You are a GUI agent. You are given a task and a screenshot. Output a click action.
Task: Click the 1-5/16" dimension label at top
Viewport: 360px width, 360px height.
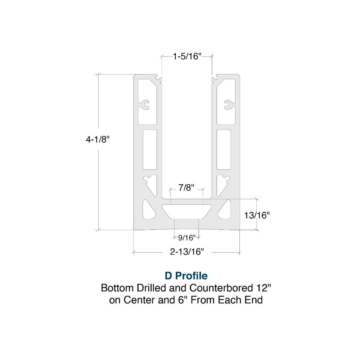pos(187,56)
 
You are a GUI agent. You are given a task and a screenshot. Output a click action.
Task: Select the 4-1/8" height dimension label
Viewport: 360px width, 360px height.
pos(98,139)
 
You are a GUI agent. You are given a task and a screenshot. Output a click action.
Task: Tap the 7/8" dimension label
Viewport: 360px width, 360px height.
pos(186,188)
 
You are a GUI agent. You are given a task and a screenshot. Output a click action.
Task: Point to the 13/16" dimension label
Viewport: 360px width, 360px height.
pos(257,215)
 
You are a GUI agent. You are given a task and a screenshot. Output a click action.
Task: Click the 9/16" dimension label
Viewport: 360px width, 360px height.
pos(186,238)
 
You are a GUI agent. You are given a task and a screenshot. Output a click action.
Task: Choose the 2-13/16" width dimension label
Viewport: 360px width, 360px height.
pos(187,252)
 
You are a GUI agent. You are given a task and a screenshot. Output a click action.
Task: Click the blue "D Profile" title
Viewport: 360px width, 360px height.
pos(186,276)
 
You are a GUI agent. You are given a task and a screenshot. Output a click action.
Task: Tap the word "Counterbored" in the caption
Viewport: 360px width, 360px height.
pos(221,288)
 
